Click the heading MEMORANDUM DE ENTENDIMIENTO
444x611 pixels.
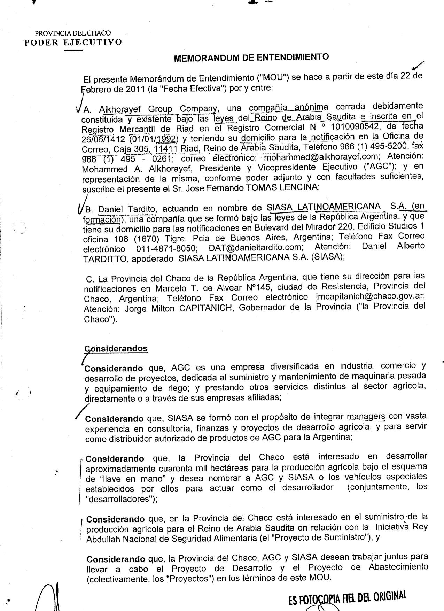[x=251, y=57]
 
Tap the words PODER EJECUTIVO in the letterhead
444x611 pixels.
[x=73, y=42]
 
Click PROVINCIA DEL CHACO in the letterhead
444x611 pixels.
[x=73, y=33]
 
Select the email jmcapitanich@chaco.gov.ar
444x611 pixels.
[x=369, y=296]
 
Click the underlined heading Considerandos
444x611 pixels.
[x=116, y=349]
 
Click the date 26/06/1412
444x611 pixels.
[x=103, y=139]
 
